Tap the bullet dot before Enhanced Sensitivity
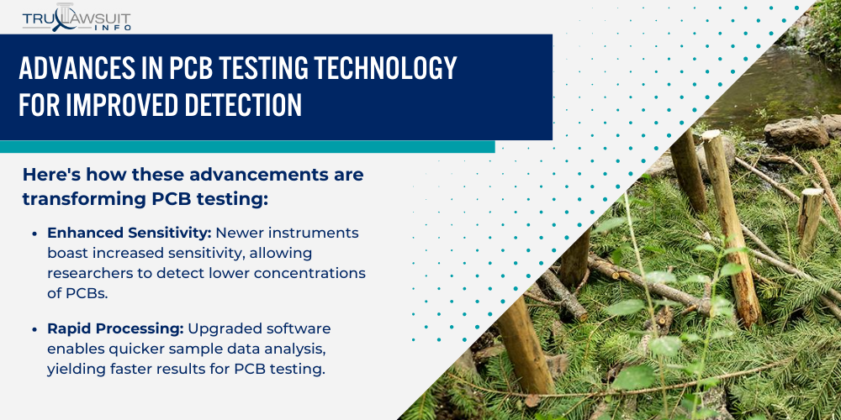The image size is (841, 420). [34, 233]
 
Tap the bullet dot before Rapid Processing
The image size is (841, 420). [34, 328]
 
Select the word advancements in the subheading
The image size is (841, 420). [235, 176]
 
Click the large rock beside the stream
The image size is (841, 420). [796, 133]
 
